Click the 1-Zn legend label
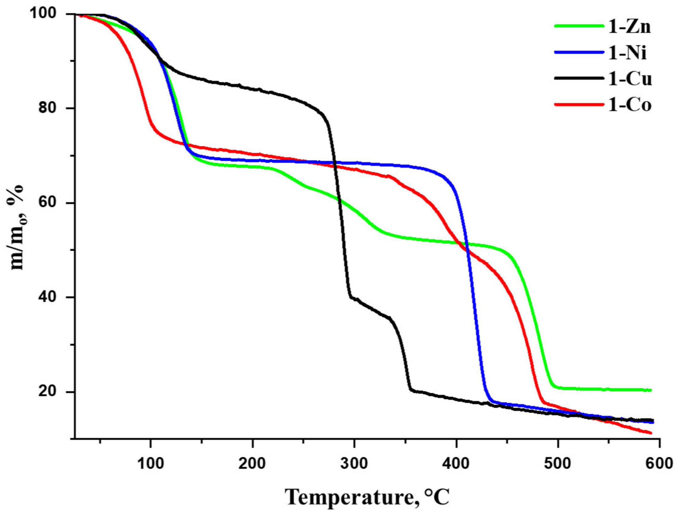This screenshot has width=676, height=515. coord(630,27)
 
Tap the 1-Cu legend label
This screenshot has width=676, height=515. coord(630,79)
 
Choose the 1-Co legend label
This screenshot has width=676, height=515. coord(630,105)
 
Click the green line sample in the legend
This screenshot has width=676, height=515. coord(579,26)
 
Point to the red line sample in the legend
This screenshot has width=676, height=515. coord(579,105)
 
